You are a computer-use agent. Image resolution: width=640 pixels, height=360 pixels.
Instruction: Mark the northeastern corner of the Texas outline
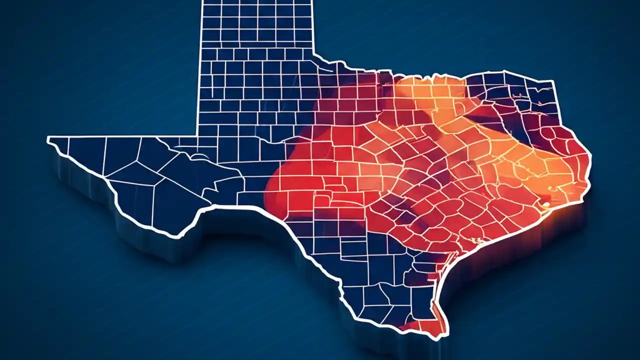(552, 81)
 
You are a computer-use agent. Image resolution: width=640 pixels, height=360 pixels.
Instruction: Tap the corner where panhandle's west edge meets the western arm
(199, 136)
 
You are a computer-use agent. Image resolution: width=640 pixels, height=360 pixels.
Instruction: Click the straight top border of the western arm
(125, 136)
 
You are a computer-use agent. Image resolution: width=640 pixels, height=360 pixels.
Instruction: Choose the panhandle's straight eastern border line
(313, 25)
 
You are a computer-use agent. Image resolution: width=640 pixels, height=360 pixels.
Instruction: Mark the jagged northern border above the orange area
(425, 78)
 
